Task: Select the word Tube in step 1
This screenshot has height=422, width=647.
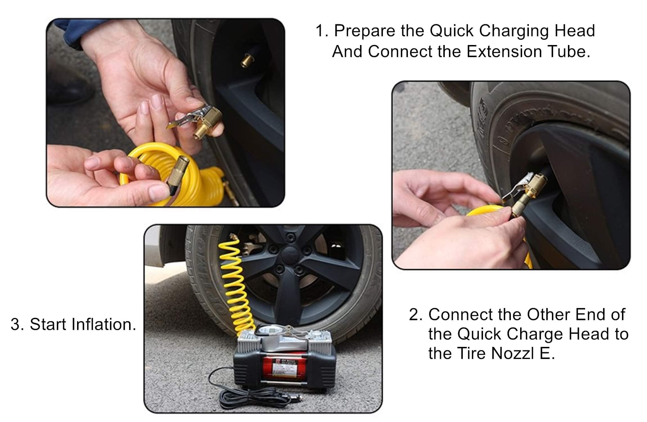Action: [569, 52]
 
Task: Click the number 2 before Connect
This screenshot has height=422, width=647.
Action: [414, 315]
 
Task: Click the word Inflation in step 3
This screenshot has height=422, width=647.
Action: [104, 324]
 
